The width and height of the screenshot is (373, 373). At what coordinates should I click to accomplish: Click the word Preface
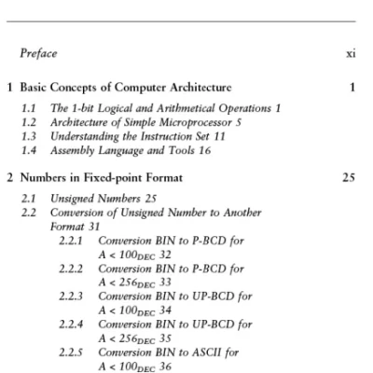(37, 55)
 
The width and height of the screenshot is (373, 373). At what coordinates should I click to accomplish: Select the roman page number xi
(350, 55)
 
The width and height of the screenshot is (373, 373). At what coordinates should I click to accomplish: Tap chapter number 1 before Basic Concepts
(9, 88)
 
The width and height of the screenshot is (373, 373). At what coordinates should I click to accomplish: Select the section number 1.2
(29, 123)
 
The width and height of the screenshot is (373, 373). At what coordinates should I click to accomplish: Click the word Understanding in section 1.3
(81, 136)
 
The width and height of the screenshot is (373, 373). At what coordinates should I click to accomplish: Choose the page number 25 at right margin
(349, 177)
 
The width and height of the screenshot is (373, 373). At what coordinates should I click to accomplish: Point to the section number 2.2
(29, 213)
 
